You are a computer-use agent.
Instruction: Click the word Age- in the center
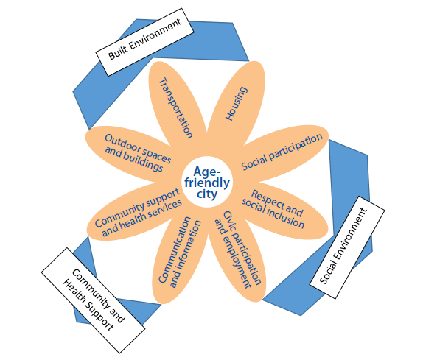pyautogui.click(x=207, y=171)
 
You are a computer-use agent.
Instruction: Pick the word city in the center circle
pyautogui.click(x=207, y=193)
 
